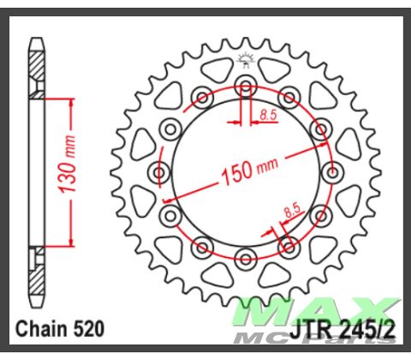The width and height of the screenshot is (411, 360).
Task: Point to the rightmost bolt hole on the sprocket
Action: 331,171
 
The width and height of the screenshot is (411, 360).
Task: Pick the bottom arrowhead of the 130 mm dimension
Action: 63,242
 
